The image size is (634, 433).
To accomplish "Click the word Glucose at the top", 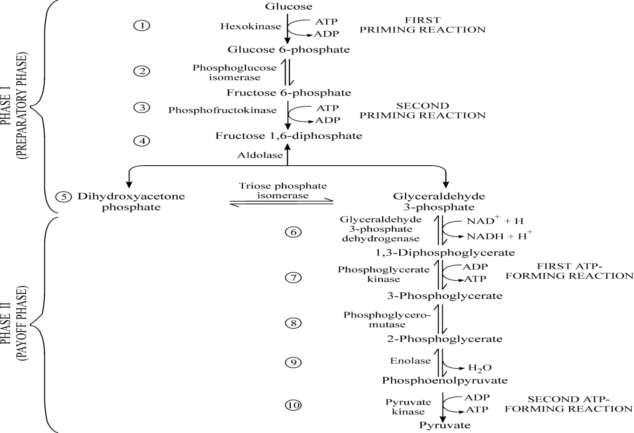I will tap(288, 7).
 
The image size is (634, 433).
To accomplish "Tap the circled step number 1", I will tap(142, 25).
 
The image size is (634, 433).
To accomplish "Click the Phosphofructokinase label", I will tap(222, 110).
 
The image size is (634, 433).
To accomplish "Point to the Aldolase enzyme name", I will tap(260, 156).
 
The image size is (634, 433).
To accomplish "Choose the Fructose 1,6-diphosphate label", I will tap(288, 136).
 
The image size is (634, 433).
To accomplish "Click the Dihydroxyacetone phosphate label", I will tap(131, 202).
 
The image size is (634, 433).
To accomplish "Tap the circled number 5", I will tap(63, 196).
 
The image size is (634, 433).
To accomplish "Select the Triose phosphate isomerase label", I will tap(283, 191).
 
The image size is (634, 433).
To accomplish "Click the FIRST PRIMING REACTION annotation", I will tap(422, 25).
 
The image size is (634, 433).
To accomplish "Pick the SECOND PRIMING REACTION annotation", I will tap(422, 110).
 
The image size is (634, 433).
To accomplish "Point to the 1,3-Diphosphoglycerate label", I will tap(445, 253).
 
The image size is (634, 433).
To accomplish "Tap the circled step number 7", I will tap(293, 277).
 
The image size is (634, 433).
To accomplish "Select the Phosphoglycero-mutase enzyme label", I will tap(387, 319).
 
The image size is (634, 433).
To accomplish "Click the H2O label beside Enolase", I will tap(479, 368).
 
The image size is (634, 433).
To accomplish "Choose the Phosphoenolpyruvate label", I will tap(445, 380).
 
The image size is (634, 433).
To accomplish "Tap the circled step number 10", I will tap(293, 405).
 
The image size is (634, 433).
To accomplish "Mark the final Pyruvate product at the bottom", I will tap(445, 425).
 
